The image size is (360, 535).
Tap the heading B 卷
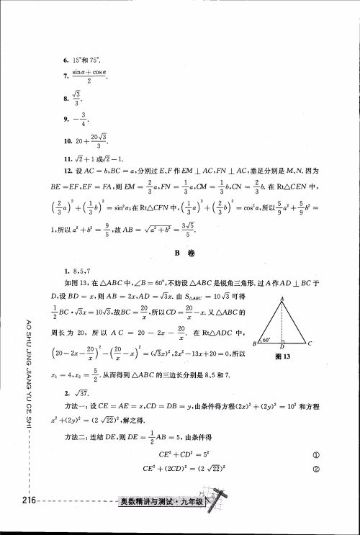coord(180,253)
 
